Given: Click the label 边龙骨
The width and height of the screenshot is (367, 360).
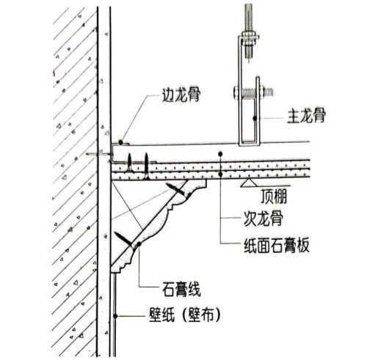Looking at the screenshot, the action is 181,95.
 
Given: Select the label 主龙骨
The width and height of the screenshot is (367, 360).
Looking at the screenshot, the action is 306,115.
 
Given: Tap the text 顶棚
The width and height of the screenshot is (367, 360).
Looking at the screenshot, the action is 274,196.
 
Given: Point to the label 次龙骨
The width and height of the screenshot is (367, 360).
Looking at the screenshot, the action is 264,218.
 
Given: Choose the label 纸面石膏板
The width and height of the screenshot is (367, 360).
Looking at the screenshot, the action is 277,245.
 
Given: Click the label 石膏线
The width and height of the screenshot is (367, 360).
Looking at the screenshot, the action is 181,289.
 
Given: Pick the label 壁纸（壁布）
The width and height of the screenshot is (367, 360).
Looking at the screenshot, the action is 185,315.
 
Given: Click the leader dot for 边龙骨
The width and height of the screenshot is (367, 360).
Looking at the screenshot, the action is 120,142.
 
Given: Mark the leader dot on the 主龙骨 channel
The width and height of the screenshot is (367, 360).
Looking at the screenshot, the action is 255,118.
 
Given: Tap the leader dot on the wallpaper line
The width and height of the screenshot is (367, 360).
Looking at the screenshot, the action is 115,316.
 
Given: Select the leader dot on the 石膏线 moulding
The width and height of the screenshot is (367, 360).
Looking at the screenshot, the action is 139,244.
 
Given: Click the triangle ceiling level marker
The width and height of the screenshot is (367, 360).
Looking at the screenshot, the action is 249,183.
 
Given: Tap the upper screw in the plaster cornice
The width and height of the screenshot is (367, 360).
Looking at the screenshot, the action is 176,189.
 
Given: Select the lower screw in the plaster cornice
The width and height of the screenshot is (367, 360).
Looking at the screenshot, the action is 125,241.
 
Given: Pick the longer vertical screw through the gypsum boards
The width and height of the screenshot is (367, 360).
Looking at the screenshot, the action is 146,166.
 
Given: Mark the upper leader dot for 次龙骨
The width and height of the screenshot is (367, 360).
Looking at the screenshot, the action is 220,154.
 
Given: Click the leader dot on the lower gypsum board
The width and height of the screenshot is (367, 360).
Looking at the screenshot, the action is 220,175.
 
